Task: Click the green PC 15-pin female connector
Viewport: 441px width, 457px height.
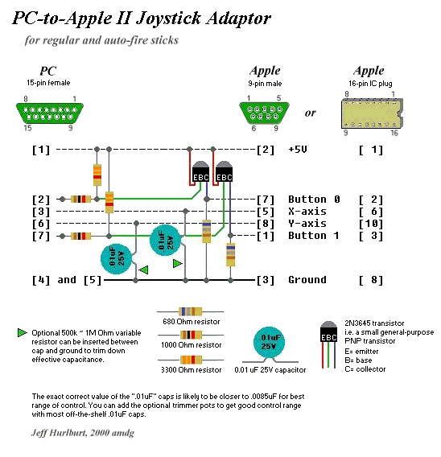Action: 50,113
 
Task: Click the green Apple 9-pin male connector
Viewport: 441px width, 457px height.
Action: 264,113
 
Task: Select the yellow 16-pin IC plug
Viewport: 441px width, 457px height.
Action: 373,113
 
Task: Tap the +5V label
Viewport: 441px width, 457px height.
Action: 298,150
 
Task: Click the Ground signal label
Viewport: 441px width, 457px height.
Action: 307,280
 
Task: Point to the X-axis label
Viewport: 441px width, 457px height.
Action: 307,212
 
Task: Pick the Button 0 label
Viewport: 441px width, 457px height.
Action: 314,200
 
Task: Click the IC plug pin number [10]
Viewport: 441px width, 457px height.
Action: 371,224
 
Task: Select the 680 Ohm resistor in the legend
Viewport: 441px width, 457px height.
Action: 191,311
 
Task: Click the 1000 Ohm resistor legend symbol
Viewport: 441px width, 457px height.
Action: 191,335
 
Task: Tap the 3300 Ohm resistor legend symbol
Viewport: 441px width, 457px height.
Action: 191,360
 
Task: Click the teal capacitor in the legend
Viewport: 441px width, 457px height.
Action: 270,344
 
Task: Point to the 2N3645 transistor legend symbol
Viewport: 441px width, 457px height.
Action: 328,344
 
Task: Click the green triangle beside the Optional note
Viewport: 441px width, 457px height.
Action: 22,332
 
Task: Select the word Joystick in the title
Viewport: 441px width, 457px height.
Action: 168,19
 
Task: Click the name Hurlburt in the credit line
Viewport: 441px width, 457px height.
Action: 68,433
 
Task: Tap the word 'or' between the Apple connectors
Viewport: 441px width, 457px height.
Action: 310,113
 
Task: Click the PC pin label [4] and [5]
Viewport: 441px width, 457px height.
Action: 67,280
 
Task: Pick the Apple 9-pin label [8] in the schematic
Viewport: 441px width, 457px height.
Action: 266,224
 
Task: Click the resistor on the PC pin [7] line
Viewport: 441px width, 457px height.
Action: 80,236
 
